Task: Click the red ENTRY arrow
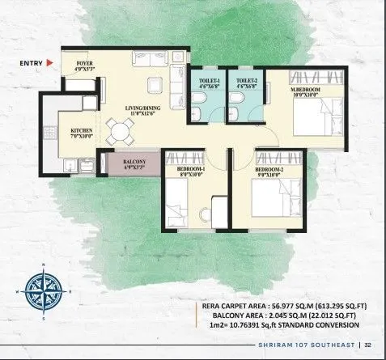pos(49,61)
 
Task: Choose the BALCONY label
pos(134,165)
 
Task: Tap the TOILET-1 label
pos(209,83)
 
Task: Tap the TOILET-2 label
pos(246,83)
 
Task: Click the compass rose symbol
pos(40,287)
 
